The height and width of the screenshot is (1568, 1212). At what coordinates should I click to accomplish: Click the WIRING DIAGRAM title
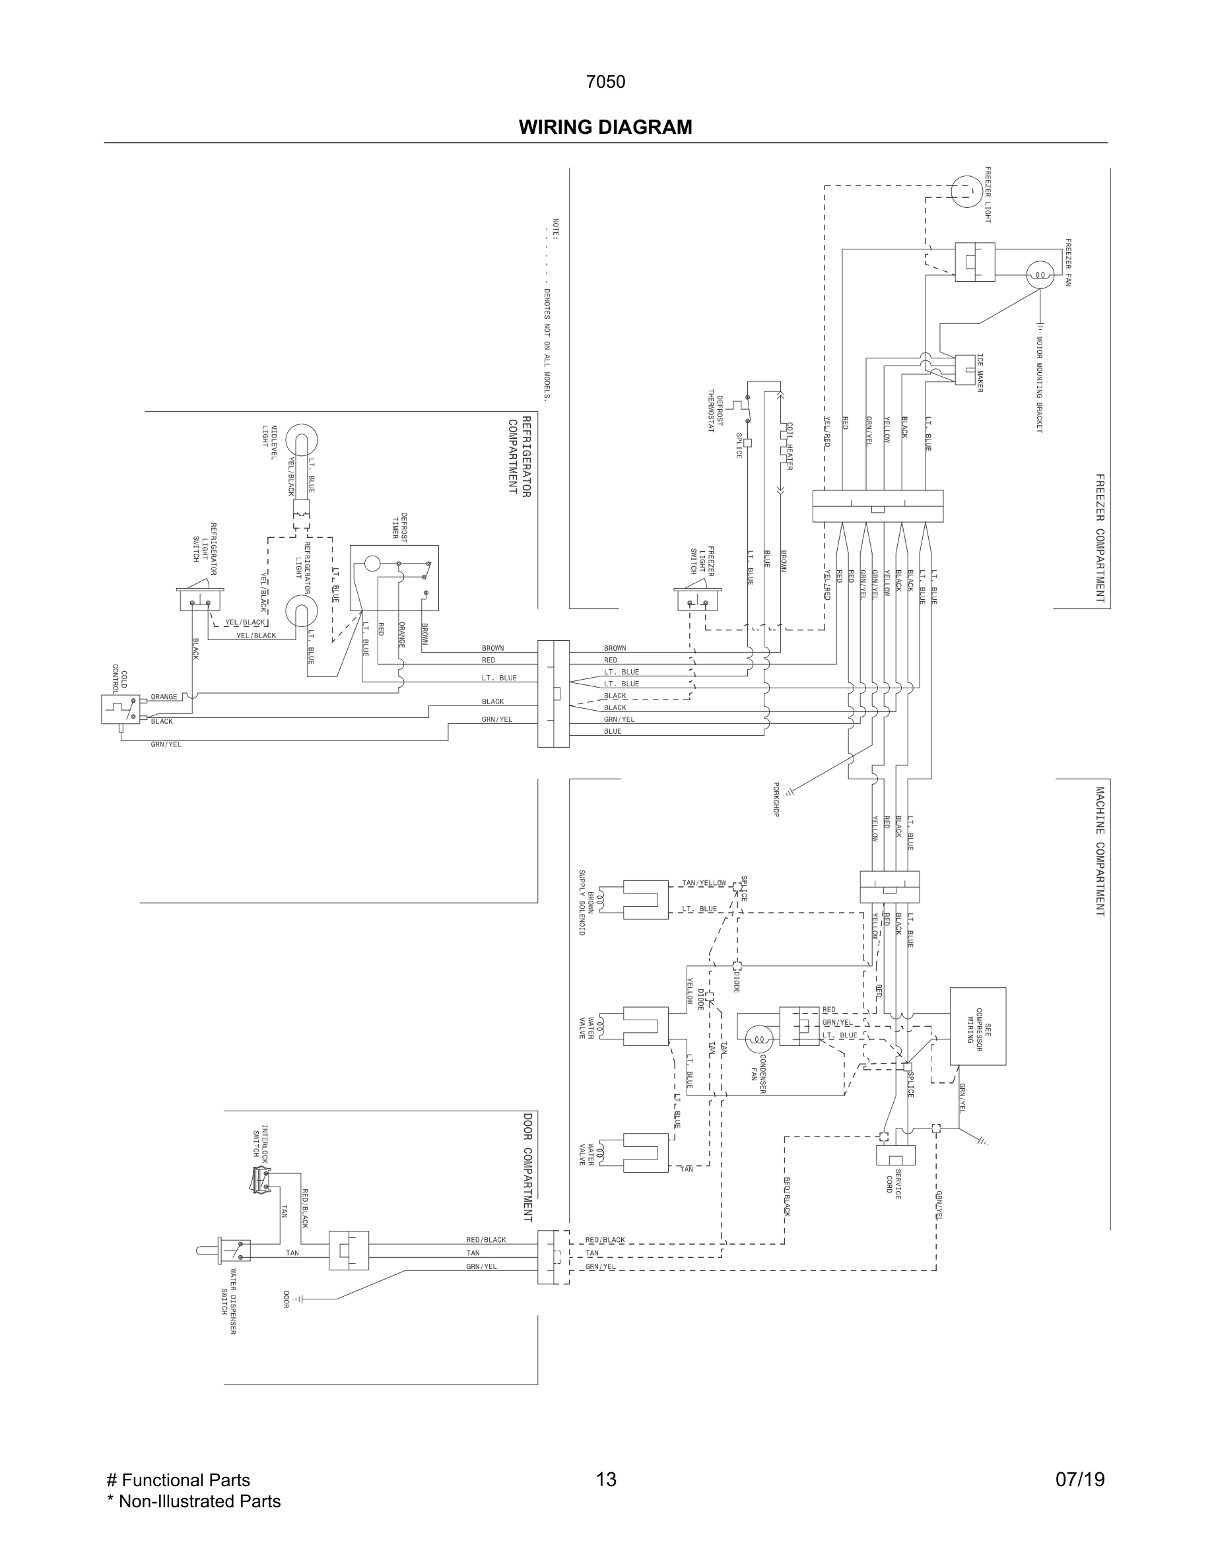[x=605, y=128]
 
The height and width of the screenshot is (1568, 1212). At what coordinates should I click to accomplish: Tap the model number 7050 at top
[x=605, y=82]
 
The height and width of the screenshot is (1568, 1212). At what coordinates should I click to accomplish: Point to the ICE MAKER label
[x=980, y=373]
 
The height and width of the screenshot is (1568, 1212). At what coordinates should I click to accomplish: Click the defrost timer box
[x=394, y=578]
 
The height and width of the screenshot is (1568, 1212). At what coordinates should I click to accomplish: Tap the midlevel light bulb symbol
[x=302, y=440]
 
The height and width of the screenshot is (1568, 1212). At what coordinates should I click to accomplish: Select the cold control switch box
[x=120, y=709]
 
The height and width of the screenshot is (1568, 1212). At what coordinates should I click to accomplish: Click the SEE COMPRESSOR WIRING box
[x=977, y=1026]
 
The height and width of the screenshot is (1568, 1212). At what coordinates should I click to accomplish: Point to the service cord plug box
[x=895, y=1154]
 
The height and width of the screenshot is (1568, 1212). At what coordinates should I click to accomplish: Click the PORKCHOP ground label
[x=776, y=799]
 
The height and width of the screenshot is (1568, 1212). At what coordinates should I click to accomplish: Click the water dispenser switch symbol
[x=233, y=1250]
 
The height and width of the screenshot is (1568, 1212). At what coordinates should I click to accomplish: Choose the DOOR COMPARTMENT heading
[x=527, y=1167]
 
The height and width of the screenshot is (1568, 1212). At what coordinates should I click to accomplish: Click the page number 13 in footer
[x=606, y=1480]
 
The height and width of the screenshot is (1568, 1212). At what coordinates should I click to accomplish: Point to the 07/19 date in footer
[x=1080, y=1480]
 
